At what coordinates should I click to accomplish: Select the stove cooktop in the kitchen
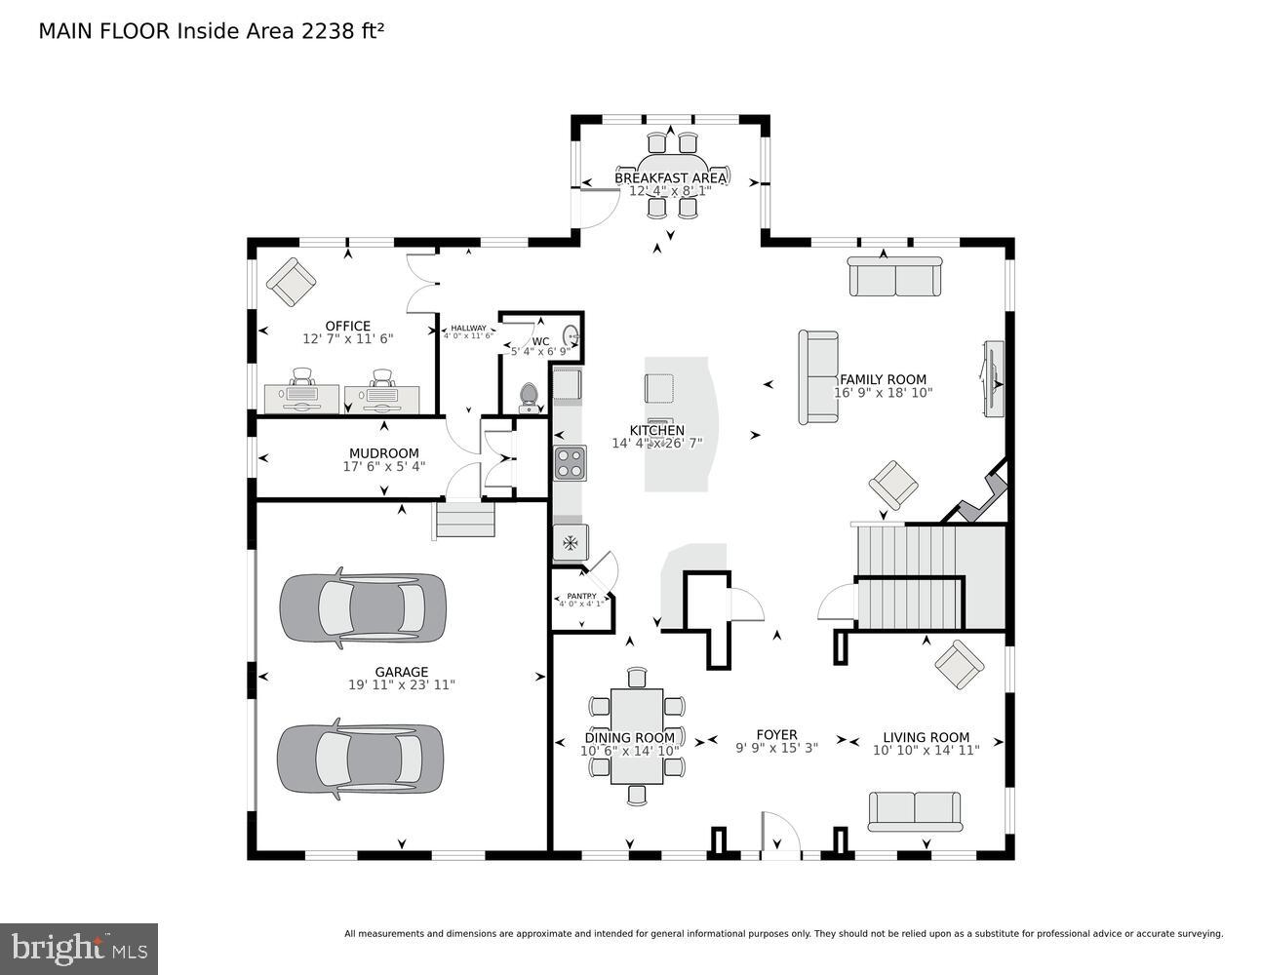(570, 463)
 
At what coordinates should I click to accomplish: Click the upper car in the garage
(363, 608)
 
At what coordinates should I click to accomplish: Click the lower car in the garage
(361, 760)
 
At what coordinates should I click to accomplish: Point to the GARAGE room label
(402, 672)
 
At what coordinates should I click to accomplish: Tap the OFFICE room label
(348, 327)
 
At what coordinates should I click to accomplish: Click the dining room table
(637, 736)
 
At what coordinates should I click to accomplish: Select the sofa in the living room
(915, 810)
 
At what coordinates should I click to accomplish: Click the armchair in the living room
(959, 665)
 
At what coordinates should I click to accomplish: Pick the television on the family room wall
(994, 379)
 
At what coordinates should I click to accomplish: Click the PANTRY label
(581, 596)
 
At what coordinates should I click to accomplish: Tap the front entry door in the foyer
(780, 837)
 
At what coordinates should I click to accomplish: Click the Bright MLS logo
(80, 948)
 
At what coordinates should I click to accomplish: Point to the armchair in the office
(292, 282)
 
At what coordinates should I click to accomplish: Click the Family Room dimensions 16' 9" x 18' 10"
(883, 393)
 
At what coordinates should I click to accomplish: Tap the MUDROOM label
(384, 453)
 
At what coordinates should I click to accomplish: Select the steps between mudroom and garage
(465, 519)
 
